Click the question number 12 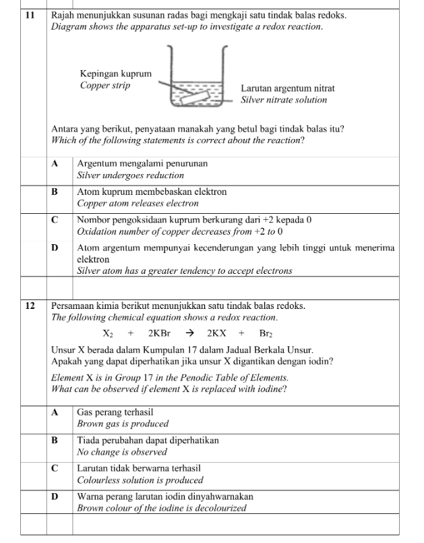(29, 306)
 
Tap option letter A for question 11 (55, 164)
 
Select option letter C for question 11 (55, 220)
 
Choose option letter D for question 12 (55, 496)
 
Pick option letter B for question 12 (55, 440)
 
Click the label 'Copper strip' (105, 86)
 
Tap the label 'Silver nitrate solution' (284, 100)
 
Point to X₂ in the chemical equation (109, 333)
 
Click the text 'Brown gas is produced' (123, 424)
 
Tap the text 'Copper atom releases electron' (138, 203)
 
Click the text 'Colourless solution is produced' (140, 480)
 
